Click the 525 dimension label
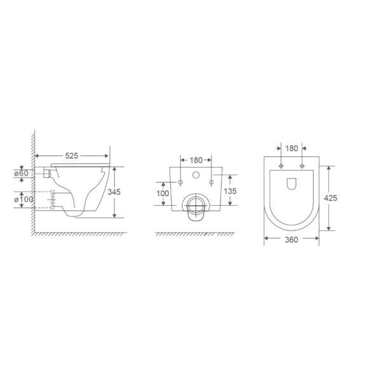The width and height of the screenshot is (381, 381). pos(72,156)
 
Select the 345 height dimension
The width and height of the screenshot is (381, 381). pos(114,192)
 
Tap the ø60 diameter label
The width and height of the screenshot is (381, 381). pos(22,173)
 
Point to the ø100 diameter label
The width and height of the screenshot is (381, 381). pos(23,199)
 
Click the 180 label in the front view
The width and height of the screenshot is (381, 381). pos(196,160)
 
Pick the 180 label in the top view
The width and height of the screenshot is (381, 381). pos(291,148)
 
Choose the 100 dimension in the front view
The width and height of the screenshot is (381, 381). pos(163,194)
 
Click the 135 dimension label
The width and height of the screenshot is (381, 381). pos(230,191)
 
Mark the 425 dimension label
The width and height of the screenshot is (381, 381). pos(331,198)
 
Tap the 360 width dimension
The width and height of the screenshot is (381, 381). pos(291,240)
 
